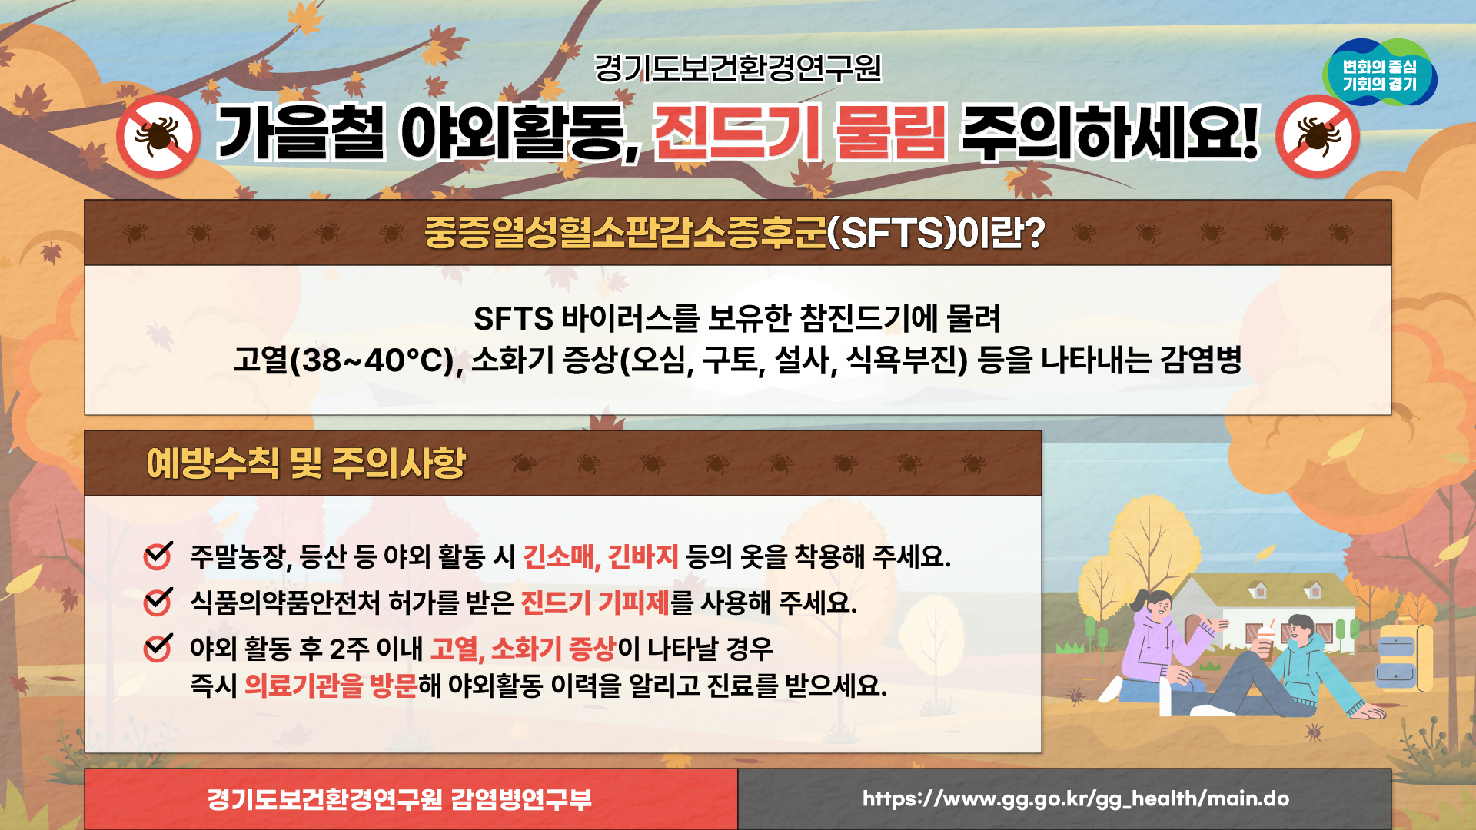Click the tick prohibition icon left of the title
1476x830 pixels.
pos(158,137)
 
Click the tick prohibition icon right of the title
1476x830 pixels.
pos(1318,137)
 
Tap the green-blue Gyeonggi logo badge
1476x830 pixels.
pos(1379,73)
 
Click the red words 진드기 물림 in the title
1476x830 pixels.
pos(799,133)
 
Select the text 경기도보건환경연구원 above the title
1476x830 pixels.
pos(738,68)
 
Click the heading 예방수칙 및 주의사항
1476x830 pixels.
pos(306,463)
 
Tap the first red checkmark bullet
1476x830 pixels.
pos(158,555)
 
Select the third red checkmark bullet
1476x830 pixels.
pos(158,648)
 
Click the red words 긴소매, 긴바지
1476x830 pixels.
pos(600,556)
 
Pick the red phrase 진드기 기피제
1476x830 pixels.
pos(595,602)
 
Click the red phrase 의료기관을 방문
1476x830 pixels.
pos(331,685)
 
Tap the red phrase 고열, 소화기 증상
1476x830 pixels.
pos(523,649)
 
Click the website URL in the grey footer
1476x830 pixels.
pos(1075,799)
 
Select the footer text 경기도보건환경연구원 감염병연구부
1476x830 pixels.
pos(400,799)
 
